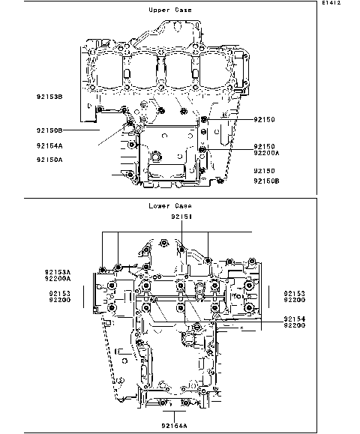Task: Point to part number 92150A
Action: click(x=49, y=160)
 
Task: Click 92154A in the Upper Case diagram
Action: click(x=49, y=145)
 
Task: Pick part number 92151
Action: click(x=181, y=217)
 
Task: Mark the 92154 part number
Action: click(x=294, y=319)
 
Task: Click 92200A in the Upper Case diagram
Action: click(x=265, y=152)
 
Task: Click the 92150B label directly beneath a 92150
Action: click(x=265, y=181)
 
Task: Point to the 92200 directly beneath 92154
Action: click(x=294, y=326)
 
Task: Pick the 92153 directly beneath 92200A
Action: click(x=61, y=293)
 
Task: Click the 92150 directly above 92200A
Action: click(x=265, y=145)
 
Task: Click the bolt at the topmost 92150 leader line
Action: click(x=204, y=120)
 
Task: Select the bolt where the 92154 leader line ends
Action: click(x=196, y=327)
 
